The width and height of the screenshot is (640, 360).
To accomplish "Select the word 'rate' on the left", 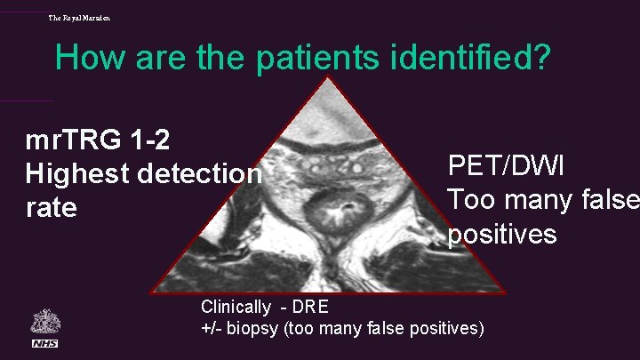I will tap(52, 208).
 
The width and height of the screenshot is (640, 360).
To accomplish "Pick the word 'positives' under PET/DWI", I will tap(502, 234).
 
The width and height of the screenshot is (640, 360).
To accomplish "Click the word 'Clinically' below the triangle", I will tap(236, 308).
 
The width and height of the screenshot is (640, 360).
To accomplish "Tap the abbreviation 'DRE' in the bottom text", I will tap(311, 308).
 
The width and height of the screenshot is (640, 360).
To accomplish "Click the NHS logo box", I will tap(44, 343).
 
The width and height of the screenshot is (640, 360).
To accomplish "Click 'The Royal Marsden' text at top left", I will tap(80, 18).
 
